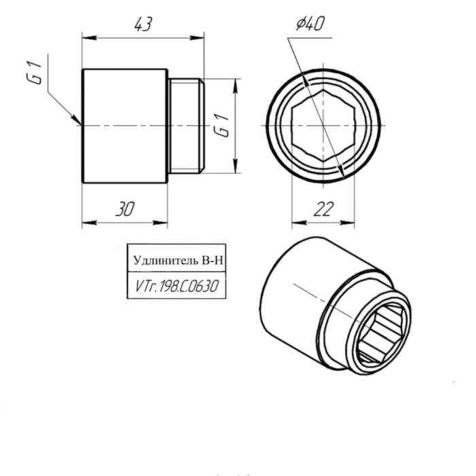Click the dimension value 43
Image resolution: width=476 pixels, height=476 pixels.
142,25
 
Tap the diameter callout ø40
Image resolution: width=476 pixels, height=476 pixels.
310,24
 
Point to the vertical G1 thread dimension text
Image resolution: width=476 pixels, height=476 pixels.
220,126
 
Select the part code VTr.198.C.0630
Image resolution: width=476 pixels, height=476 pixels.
176,287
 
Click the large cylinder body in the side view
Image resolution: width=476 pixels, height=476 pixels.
124,126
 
